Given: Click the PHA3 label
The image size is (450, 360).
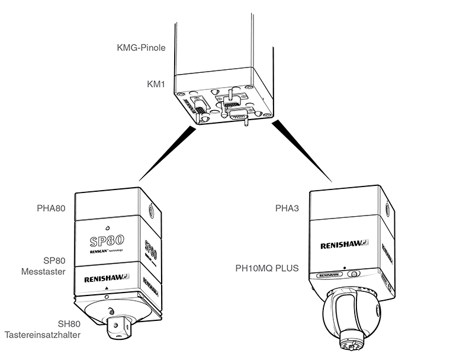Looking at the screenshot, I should pyautogui.click(x=289, y=208).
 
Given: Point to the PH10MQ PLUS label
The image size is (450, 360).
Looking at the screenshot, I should pyautogui.click(x=265, y=268).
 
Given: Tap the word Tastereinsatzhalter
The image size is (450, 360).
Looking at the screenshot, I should pyautogui.click(x=43, y=335).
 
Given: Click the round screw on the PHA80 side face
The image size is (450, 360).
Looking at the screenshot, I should pyautogui.click(x=152, y=210).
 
